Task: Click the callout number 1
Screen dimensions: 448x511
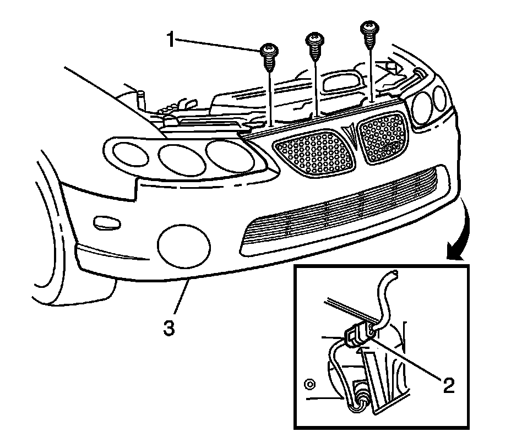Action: click(171, 40)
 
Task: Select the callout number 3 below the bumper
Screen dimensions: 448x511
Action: click(169, 329)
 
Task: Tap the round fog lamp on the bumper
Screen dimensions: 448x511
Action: click(184, 243)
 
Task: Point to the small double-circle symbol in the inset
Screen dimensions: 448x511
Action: click(310, 383)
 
